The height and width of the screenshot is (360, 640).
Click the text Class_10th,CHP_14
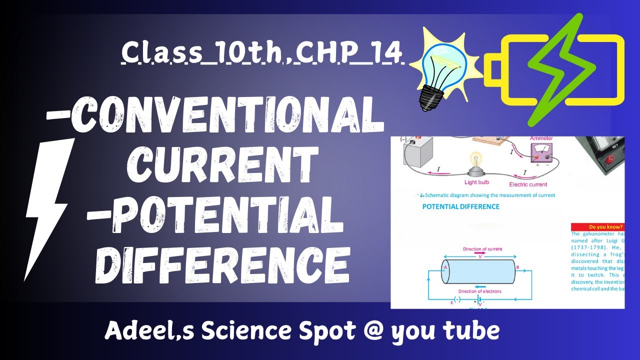tap(262, 53)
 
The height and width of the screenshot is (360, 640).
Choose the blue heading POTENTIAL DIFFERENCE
tap(460, 206)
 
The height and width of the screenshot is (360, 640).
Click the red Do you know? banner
tap(597, 226)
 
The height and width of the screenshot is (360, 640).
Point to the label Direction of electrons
tap(480, 291)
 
